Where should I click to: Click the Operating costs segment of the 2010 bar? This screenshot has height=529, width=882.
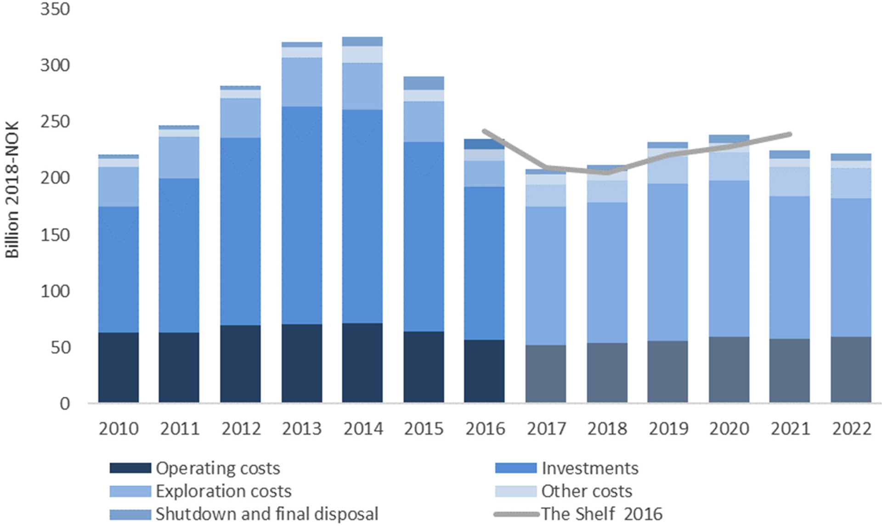coord(119,367)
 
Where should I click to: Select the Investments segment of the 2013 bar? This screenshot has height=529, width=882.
coord(302,216)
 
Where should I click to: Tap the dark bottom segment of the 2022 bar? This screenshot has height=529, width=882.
coord(851,370)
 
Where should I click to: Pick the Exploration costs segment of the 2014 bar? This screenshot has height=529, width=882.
coord(362,86)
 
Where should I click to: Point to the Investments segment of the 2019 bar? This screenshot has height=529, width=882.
coord(668,262)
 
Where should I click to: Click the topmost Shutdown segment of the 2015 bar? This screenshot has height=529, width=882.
coord(424,83)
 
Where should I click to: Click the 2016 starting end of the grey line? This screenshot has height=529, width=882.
coord(484,131)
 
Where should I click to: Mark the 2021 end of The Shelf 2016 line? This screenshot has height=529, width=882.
coord(790,134)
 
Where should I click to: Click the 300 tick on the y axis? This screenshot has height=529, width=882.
coord(55,65)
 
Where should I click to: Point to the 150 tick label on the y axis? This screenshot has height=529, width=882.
coord(55,235)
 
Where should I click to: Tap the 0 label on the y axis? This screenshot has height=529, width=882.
coord(65,404)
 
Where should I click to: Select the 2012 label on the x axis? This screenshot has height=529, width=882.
coord(241,428)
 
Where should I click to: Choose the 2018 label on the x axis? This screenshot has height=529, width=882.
coord(607,428)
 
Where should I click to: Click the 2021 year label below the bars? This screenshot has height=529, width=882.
coord(790,428)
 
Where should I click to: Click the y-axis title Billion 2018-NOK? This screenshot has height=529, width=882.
coord(12,189)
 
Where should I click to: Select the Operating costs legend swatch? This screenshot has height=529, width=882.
coord(130,468)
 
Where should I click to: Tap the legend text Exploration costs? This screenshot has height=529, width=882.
coord(223,491)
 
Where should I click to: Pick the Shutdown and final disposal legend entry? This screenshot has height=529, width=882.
coord(266,514)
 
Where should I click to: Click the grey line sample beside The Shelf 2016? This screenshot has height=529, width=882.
coord(516,514)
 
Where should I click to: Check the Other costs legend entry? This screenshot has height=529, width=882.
coord(586,491)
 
